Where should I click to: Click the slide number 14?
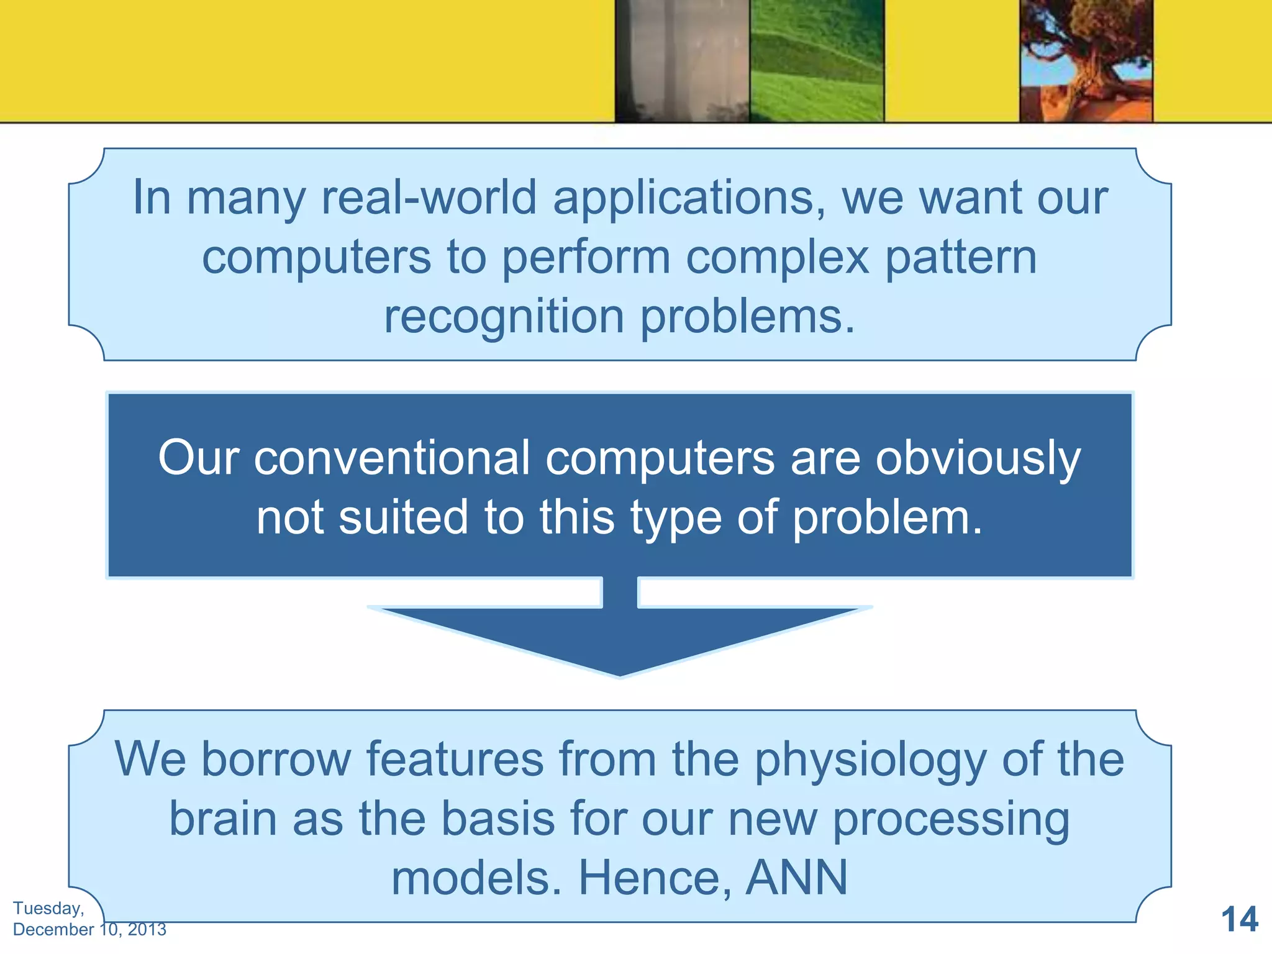click(1239, 919)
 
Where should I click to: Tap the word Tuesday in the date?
click(48, 908)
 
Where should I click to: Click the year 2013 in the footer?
click(147, 930)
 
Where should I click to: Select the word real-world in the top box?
click(429, 198)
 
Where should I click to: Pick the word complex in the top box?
click(777, 258)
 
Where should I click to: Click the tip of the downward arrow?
click(620, 673)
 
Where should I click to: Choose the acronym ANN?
click(797, 878)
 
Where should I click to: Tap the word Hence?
click(655, 878)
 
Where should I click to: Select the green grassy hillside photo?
click(816, 61)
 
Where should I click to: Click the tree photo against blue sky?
click(1086, 61)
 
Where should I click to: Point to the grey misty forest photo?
click(682, 61)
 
